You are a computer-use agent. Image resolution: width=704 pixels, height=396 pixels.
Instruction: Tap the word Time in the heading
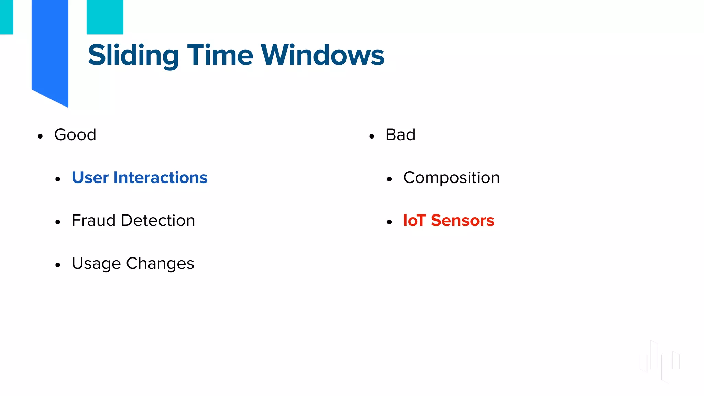click(220, 55)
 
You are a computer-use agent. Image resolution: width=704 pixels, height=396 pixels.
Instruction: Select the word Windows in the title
click(322, 55)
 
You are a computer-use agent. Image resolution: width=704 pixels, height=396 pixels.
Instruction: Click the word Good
click(75, 134)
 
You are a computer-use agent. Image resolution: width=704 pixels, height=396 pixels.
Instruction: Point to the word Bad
click(400, 134)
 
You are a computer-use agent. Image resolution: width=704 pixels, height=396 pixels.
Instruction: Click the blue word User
click(90, 178)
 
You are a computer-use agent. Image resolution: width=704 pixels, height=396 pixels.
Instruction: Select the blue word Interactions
click(160, 178)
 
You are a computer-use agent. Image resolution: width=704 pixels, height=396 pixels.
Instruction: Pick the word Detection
click(158, 220)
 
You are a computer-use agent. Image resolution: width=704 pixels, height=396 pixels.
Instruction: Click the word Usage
click(96, 264)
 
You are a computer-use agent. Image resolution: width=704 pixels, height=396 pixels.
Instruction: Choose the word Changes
click(160, 264)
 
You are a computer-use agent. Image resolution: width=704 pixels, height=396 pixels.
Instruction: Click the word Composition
click(451, 178)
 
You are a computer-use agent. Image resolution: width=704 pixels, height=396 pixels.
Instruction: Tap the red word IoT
click(414, 220)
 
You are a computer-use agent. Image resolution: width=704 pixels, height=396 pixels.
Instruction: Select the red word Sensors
click(462, 220)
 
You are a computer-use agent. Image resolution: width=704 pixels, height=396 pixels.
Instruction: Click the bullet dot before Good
click(40, 136)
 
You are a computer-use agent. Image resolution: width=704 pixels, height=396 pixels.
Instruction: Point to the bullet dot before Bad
click(371, 136)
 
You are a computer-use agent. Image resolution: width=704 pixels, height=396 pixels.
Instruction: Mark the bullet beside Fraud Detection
click(58, 222)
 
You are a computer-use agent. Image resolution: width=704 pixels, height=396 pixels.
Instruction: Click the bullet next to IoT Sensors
click(389, 222)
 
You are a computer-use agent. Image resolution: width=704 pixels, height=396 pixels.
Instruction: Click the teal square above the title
click(105, 17)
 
